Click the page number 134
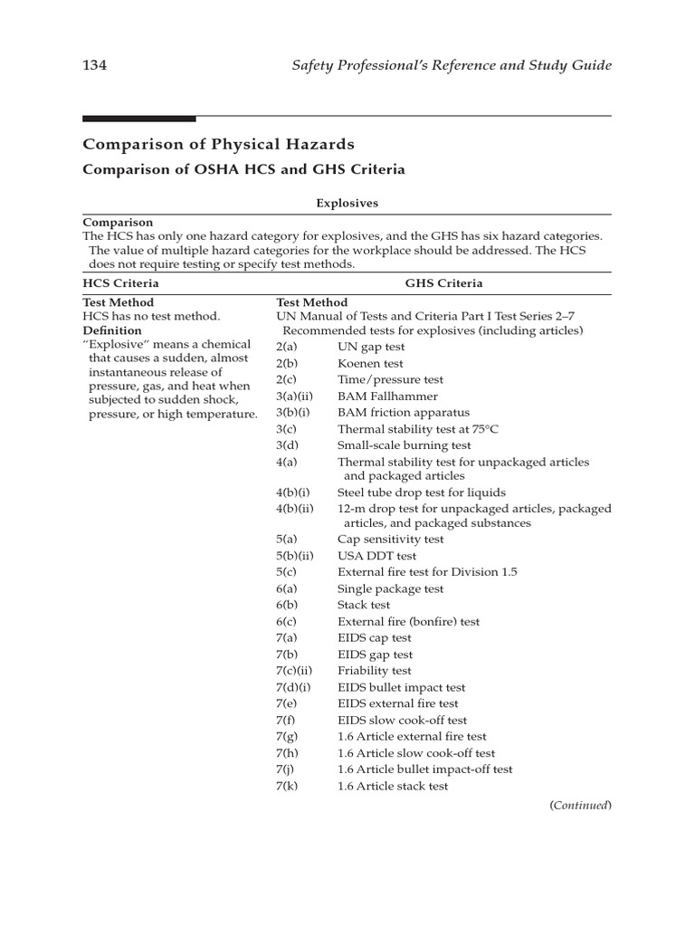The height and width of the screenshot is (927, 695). [x=95, y=65]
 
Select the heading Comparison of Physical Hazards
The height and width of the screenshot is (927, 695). [x=218, y=144]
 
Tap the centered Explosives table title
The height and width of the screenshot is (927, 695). [x=347, y=204]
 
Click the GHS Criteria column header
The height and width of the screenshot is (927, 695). [x=443, y=283]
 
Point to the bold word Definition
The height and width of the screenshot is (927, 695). [x=112, y=331]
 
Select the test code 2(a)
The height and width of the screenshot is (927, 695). [x=287, y=348]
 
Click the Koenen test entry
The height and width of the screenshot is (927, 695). [x=370, y=364]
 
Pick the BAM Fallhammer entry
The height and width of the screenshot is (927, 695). [x=387, y=397]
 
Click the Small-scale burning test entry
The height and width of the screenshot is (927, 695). [x=404, y=445]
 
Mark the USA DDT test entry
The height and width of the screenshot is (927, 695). [x=376, y=556]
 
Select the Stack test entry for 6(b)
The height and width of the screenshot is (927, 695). [x=364, y=605]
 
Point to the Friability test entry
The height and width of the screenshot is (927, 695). [x=374, y=671]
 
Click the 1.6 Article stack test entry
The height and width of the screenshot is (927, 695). [x=393, y=786]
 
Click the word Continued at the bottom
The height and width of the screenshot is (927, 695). [x=580, y=805]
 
